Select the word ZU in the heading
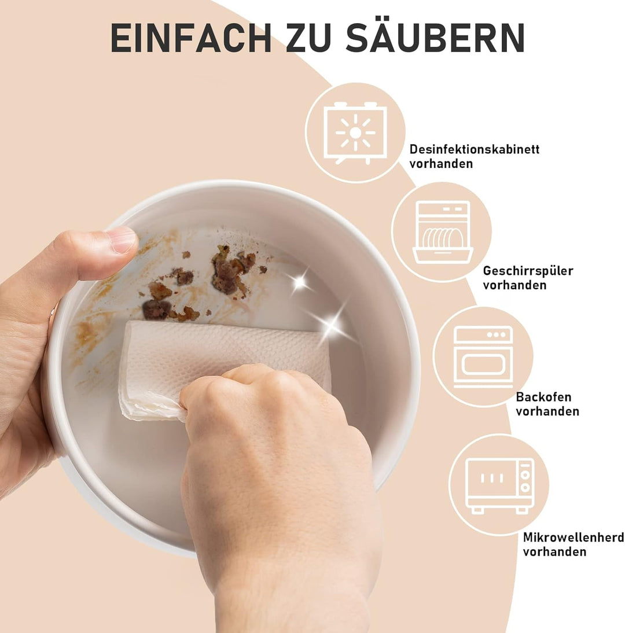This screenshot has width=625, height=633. [308, 38]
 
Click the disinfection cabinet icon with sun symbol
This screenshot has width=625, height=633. [355, 133]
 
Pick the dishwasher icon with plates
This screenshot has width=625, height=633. [443, 232]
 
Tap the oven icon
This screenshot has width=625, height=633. [483, 356]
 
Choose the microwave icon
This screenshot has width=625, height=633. [499, 485]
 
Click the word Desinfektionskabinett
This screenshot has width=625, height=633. [475, 149]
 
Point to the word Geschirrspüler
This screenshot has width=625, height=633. [528, 271]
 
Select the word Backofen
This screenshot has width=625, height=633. [543, 397]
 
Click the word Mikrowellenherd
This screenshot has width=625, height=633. [573, 538]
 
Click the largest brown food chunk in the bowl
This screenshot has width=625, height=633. [229, 270]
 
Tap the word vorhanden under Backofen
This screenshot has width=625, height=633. [547, 411]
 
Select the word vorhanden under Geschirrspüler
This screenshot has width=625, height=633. [515, 285]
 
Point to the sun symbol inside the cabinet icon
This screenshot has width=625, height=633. [355, 133]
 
